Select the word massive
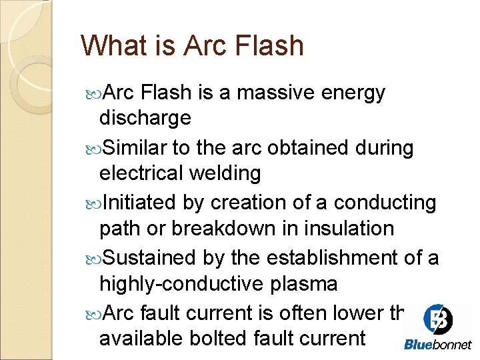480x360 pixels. pyautogui.click(x=275, y=93)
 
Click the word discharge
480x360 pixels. pyautogui.click(x=145, y=119)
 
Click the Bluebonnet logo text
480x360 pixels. pyautogui.click(x=437, y=344)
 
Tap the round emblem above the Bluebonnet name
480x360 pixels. pyautogui.click(x=438, y=319)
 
